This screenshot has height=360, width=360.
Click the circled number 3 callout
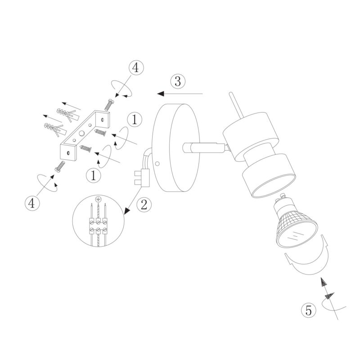pyautogui.click(x=178, y=81)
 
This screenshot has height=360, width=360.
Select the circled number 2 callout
pyautogui.click(x=144, y=205)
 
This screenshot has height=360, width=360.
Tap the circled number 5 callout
pyautogui.click(x=309, y=310)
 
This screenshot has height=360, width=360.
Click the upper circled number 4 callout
pyautogui.click(x=136, y=68)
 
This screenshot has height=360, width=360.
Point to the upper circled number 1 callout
pyautogui.click(x=135, y=119)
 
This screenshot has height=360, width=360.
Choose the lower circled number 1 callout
pyautogui.click(x=94, y=175)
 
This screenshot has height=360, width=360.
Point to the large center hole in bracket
pyautogui.click(x=81, y=133)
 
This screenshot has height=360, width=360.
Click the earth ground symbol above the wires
pyautogui.click(x=98, y=199)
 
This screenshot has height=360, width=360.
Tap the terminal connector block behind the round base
pyautogui.click(x=142, y=177)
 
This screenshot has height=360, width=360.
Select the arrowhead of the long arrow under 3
pyautogui.click(x=161, y=94)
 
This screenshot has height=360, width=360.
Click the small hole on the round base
pyautogui.click(x=157, y=164)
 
